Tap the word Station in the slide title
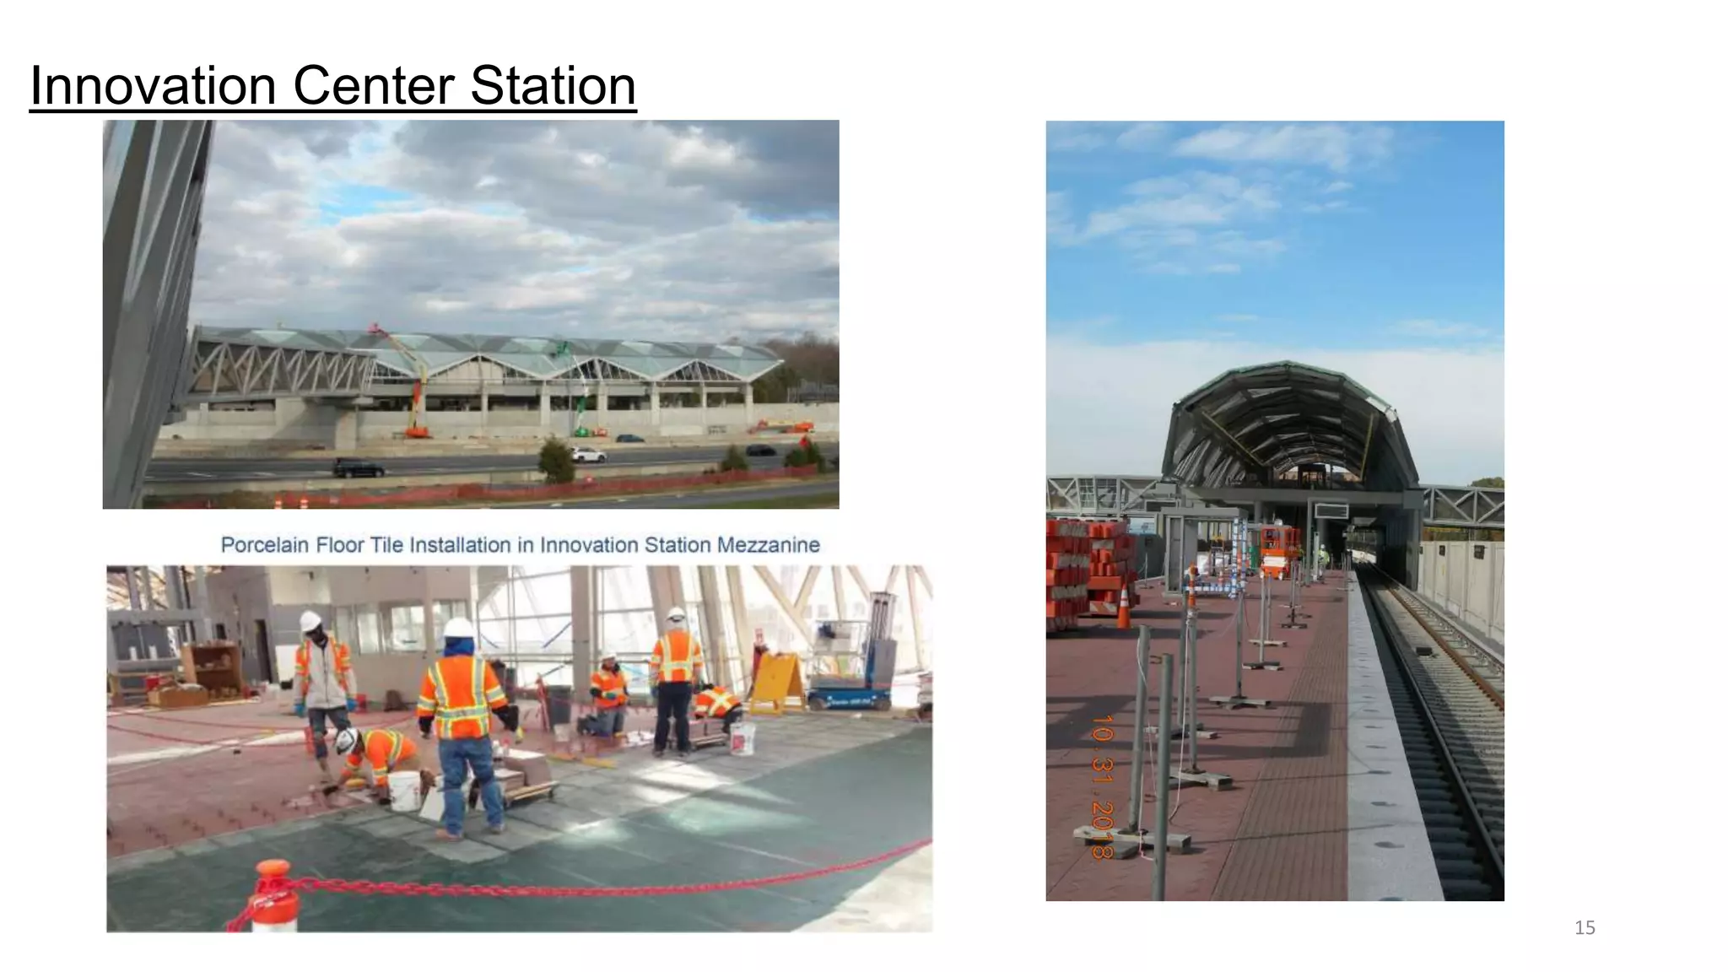tap(553, 86)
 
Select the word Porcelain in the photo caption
tap(264, 545)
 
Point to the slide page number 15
tap(1585, 928)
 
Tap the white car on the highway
tap(587, 455)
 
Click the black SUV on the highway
tap(358, 468)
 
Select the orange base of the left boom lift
tap(416, 432)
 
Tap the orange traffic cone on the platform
tap(1123, 607)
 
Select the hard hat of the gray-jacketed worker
tap(310, 620)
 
